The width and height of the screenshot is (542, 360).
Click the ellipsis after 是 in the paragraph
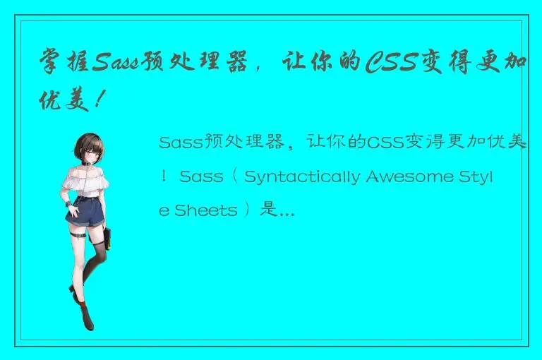[287, 211]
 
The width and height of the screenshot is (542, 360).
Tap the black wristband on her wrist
[71, 204]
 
